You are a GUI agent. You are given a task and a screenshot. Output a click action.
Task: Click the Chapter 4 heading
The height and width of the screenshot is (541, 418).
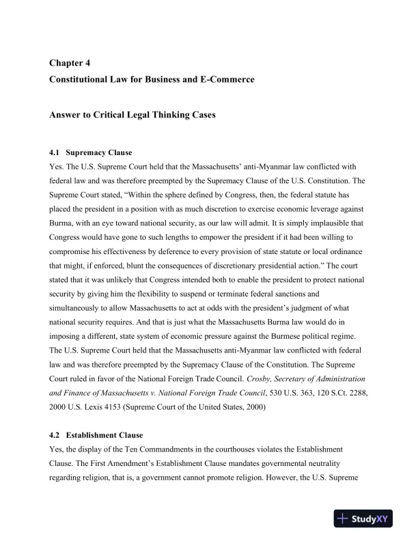click(70, 64)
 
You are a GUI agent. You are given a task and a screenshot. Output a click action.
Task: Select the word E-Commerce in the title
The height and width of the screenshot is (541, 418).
click(227, 80)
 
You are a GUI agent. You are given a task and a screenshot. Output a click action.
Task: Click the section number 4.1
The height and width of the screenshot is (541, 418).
click(55, 152)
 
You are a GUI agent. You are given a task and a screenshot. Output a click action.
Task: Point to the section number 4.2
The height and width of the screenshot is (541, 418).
click(55, 435)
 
